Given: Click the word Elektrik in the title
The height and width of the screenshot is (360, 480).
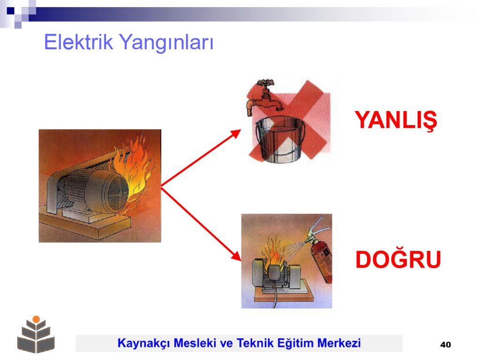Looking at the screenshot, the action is click(x=78, y=42).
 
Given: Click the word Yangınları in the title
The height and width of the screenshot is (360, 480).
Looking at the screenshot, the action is click(x=165, y=43).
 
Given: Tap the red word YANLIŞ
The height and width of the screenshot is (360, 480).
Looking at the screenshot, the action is click(x=396, y=120).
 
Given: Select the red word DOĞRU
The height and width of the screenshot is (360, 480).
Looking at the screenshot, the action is click(x=398, y=260).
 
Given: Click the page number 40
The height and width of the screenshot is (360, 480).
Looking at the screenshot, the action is click(x=445, y=345).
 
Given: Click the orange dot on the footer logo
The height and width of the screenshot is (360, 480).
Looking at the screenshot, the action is click(x=36, y=319).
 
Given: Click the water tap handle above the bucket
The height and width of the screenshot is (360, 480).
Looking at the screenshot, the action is click(x=265, y=82).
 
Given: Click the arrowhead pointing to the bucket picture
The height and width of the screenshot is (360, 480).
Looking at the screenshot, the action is click(x=236, y=134).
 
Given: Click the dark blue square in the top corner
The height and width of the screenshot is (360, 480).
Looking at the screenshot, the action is click(x=10, y=11).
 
